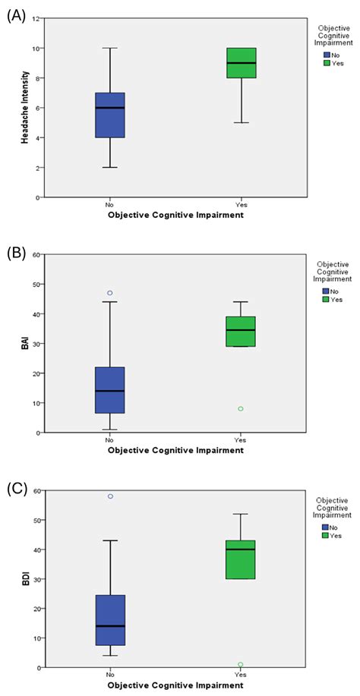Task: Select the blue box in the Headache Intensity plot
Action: (x=110, y=115)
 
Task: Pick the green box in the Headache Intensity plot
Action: (x=241, y=63)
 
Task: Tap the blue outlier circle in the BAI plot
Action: (x=110, y=293)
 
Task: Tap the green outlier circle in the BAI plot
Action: (x=241, y=409)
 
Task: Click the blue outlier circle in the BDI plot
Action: (x=110, y=496)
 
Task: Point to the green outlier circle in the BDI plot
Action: (x=241, y=665)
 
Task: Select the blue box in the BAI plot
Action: (x=110, y=390)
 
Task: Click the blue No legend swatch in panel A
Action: (x=326, y=55)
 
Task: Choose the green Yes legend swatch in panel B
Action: (x=326, y=300)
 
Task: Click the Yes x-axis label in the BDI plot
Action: (x=241, y=673)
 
